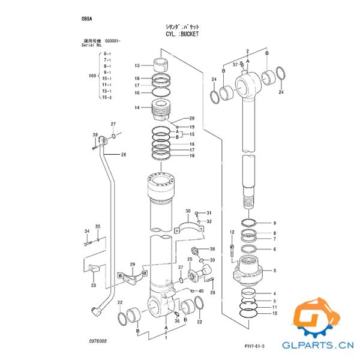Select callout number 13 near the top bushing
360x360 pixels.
point(137,65)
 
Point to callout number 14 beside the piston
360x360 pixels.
point(137,108)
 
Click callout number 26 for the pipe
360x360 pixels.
point(124,155)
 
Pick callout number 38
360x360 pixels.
point(212,249)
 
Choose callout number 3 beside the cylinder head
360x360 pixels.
point(274,271)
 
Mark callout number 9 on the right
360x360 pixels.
point(274,223)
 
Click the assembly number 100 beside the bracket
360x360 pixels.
point(92,76)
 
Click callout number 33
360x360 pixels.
point(93,286)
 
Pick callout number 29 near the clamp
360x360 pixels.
point(132,265)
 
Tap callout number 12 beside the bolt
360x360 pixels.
point(232,232)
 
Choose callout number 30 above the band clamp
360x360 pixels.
point(188,212)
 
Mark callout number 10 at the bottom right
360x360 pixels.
point(274,314)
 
